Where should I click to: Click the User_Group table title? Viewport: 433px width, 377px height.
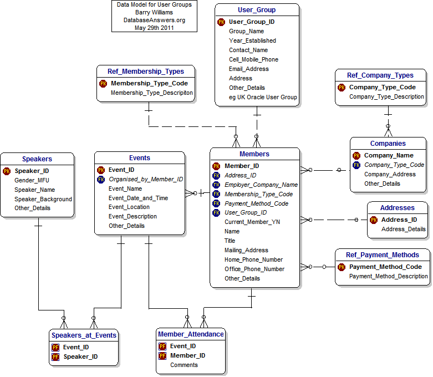pyautogui.click(x=257, y=9)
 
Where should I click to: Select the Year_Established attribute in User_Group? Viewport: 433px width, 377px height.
pyautogui.click(x=252, y=40)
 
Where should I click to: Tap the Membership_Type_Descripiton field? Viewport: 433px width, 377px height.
pyautogui.click(x=152, y=93)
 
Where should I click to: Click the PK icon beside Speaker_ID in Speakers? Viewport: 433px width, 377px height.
pyautogui.click(x=7, y=171)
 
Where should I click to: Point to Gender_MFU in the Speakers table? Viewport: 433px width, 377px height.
pyautogui.click(x=32, y=180)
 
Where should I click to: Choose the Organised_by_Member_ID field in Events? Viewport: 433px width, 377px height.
pyautogui.click(x=145, y=179)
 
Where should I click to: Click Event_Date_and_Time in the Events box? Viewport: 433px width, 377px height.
pyautogui.click(x=138, y=198)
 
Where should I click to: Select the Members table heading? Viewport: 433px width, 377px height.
pyautogui.click(x=254, y=154)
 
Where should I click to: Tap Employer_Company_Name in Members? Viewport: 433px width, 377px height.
pyautogui.click(x=261, y=185)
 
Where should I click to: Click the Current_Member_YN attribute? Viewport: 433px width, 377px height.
pyautogui.click(x=252, y=222)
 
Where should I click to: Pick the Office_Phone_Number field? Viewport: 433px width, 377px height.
pyautogui.click(x=254, y=269)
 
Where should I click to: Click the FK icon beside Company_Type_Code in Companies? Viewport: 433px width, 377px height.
pyautogui.click(x=356, y=165)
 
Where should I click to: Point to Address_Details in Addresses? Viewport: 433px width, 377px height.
pyautogui.click(x=404, y=229)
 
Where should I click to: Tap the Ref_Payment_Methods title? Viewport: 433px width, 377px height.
pyautogui.click(x=383, y=255)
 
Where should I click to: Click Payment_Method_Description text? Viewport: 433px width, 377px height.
pyautogui.click(x=388, y=276)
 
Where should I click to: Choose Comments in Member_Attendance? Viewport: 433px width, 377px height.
pyautogui.click(x=184, y=365)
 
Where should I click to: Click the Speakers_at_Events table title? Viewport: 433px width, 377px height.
pyautogui.click(x=84, y=335)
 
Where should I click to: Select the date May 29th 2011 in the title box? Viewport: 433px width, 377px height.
pyautogui.click(x=154, y=28)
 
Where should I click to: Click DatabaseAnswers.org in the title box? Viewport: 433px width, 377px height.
pyautogui.click(x=154, y=20)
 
